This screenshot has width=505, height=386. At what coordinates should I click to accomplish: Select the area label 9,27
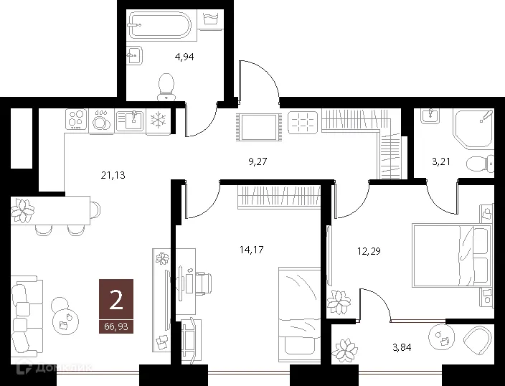point(258,162)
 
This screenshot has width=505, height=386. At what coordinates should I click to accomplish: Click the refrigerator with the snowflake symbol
point(158,121)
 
